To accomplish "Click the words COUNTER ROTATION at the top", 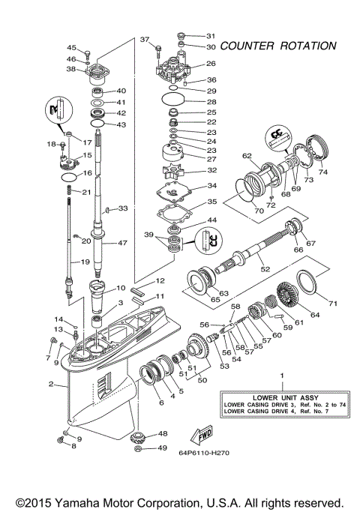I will coord(278,46).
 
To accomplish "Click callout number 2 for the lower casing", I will coord(51,385).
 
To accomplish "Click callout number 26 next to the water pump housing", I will coord(211,64).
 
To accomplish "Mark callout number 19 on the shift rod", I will coord(85,262).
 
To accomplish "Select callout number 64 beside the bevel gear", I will coord(314,315).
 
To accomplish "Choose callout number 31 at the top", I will coord(211,35).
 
